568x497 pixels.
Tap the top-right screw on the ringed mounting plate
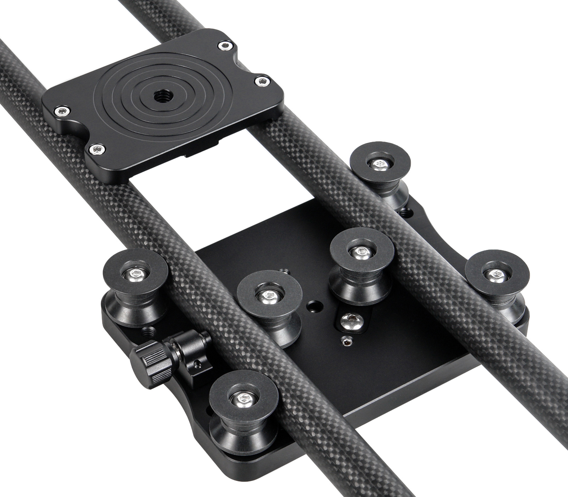click(x=224, y=45)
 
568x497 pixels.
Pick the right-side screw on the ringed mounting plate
click(x=262, y=82)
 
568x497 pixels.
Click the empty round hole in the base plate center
click(x=313, y=305)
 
